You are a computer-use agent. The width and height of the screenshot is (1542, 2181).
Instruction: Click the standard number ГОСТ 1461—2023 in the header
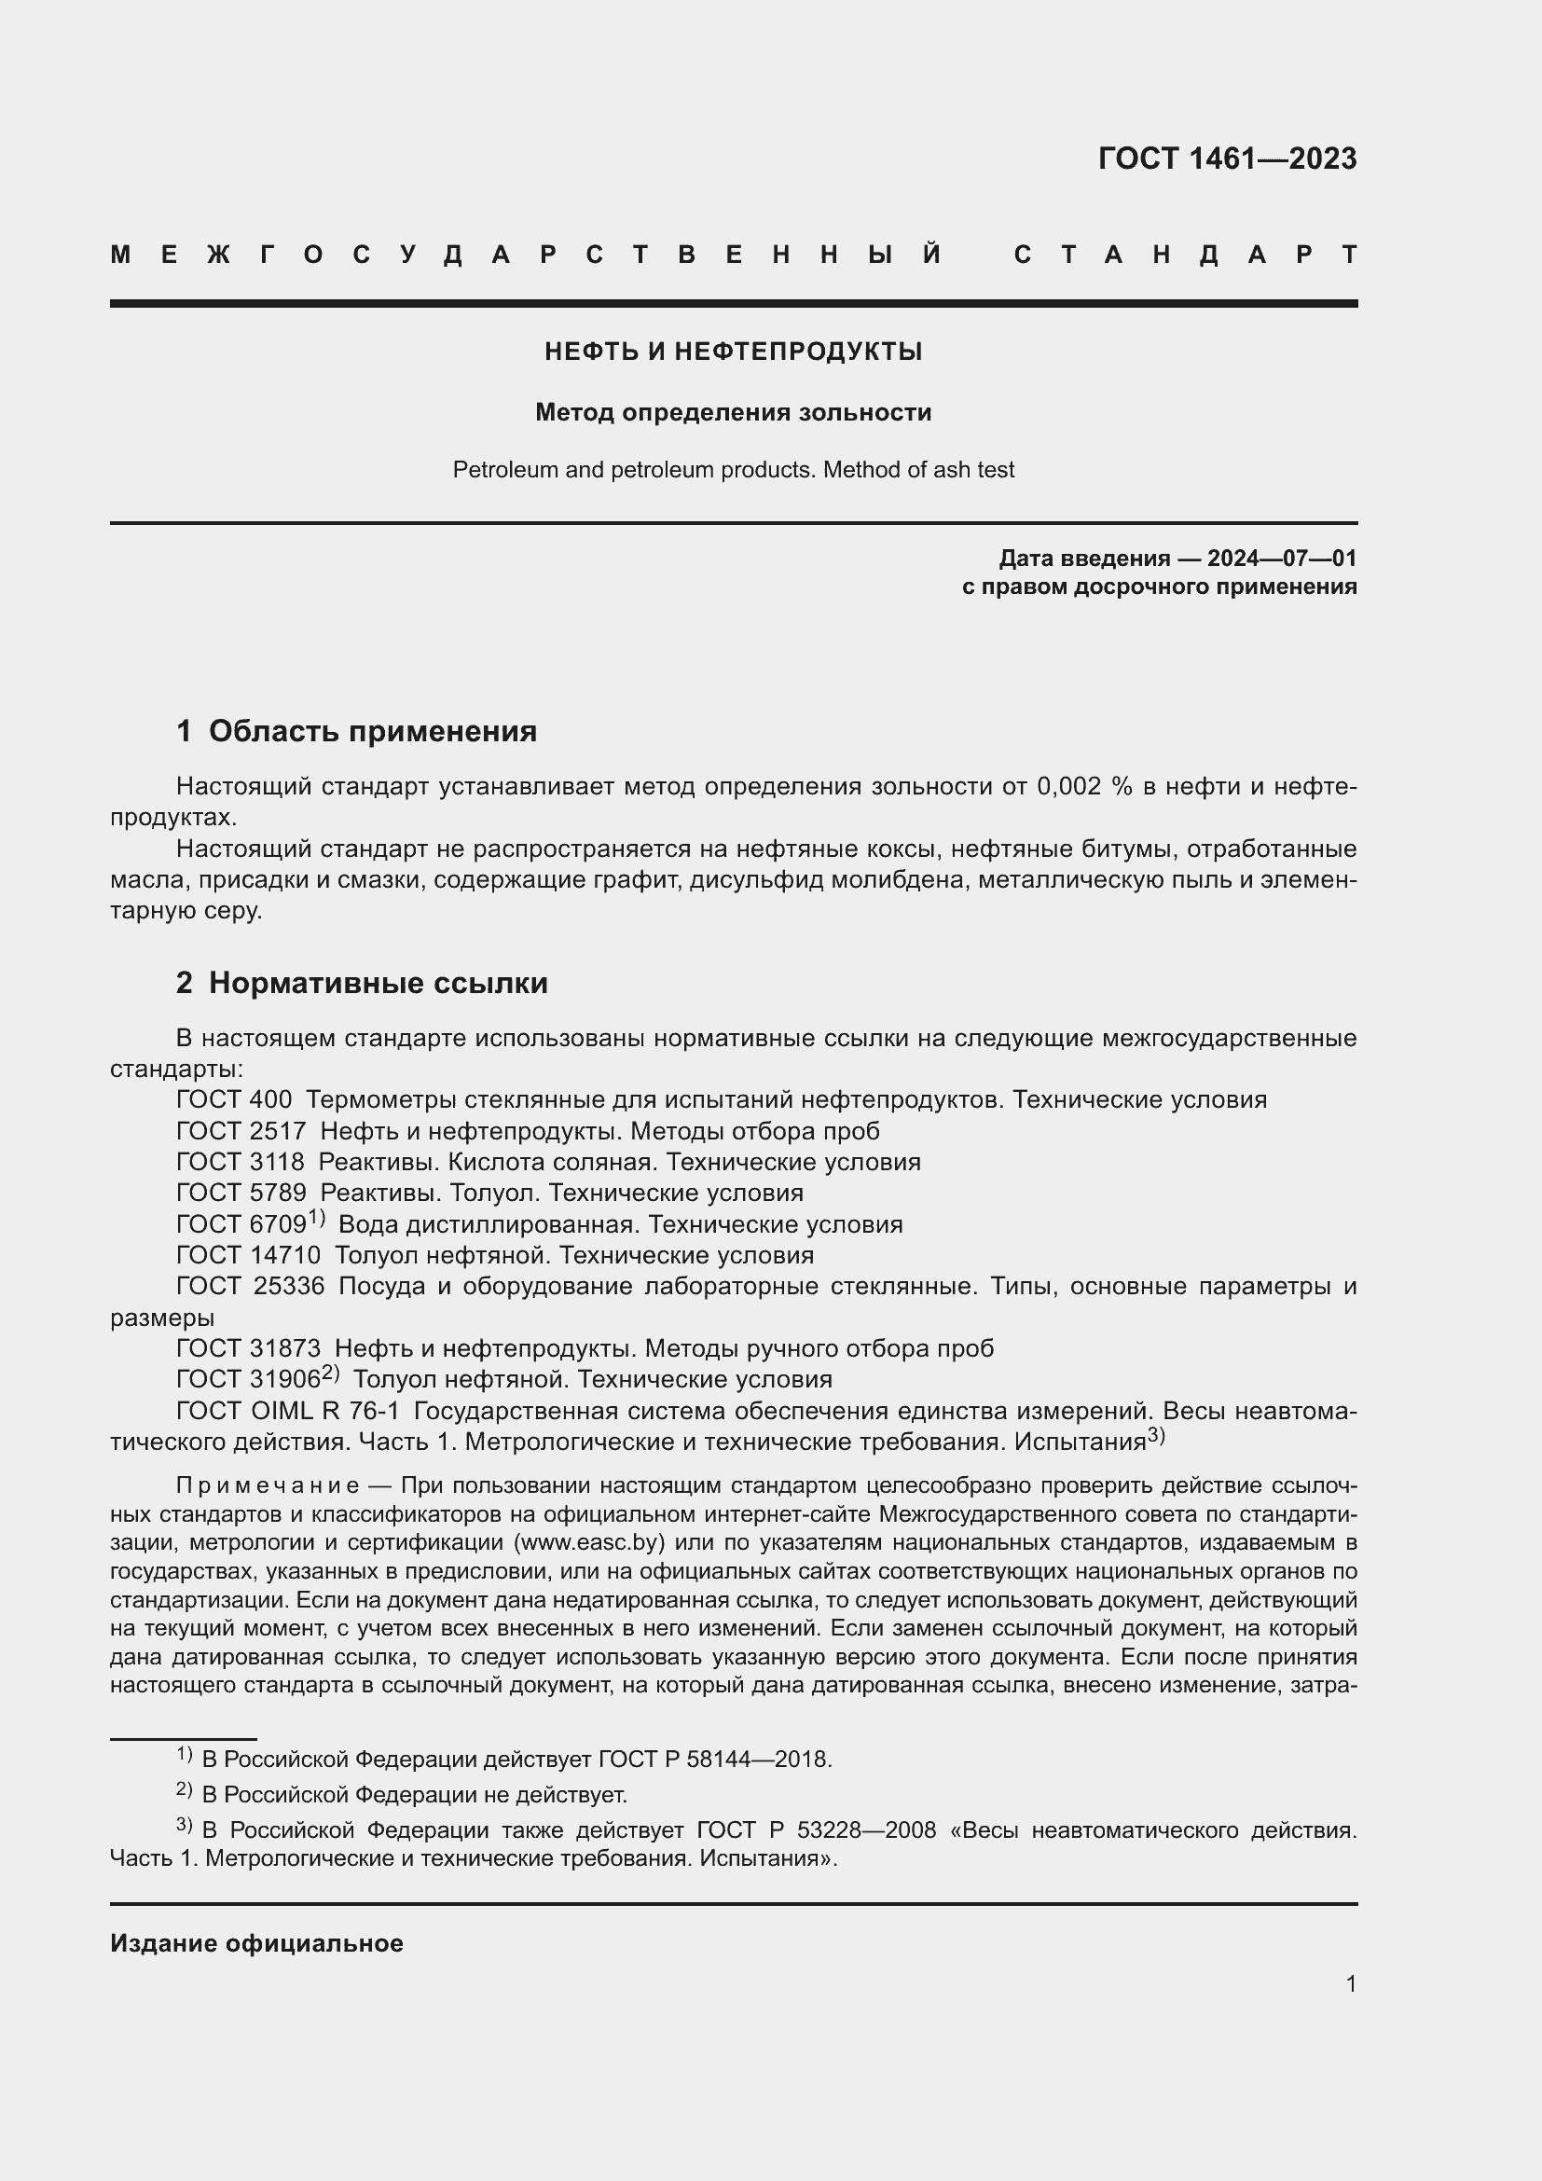click(x=1227, y=159)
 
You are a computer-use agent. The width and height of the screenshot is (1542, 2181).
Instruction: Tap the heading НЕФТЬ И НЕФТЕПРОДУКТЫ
click(x=733, y=352)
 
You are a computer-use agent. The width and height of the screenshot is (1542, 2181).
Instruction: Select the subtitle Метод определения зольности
click(x=733, y=413)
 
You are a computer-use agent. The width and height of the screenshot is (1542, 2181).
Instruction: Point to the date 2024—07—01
click(x=1282, y=558)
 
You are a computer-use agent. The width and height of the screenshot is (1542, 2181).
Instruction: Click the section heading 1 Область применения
click(x=356, y=731)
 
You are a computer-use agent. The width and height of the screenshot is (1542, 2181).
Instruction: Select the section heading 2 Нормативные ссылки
click(x=362, y=983)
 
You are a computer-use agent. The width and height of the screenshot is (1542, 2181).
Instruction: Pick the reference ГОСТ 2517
click(x=241, y=1131)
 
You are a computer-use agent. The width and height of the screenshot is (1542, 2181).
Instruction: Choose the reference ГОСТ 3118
click(x=241, y=1163)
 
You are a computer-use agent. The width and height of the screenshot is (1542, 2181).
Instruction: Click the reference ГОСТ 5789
click(x=241, y=1194)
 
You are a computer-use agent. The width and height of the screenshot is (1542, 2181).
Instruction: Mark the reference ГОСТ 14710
click(x=249, y=1256)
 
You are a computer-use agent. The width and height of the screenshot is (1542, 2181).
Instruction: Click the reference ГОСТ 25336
click(x=251, y=1287)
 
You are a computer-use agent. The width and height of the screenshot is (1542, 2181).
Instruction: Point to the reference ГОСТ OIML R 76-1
click(x=288, y=1413)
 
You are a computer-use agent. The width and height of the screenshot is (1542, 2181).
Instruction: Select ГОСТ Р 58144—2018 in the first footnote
click(x=714, y=1760)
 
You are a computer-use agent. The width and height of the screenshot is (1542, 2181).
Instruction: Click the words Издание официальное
click(x=256, y=1943)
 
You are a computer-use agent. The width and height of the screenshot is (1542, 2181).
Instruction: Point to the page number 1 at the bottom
click(x=1351, y=1983)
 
